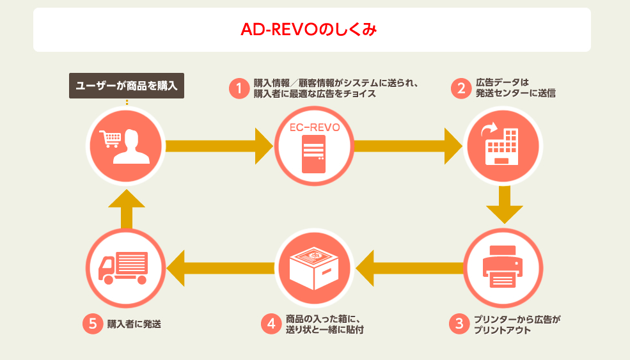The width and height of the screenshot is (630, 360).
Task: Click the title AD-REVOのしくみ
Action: [x=308, y=29]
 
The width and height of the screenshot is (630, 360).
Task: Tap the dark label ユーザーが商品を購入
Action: [x=127, y=86]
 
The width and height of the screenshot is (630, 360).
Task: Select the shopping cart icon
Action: [x=110, y=139]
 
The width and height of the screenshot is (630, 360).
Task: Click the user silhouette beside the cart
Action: [x=131, y=146]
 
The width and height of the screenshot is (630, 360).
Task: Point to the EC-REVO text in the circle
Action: [x=315, y=127]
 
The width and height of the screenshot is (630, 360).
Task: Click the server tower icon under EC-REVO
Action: [x=314, y=154]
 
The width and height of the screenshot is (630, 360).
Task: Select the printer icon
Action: [x=503, y=267]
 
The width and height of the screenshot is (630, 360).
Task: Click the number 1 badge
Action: [x=239, y=88]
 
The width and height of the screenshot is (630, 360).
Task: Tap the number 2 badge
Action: [x=461, y=88]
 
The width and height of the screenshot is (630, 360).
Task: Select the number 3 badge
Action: [x=459, y=324]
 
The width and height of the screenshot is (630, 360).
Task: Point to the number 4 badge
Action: [x=271, y=324]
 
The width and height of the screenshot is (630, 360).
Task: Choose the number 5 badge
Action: [x=93, y=324]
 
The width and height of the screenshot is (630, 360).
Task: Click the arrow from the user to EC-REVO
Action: [x=219, y=146]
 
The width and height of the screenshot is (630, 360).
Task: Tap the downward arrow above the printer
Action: [x=504, y=205]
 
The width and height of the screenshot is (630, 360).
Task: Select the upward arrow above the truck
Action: [x=127, y=209]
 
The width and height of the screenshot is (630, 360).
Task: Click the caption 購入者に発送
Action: [x=134, y=324]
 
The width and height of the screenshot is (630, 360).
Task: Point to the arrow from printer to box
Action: [x=409, y=268]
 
